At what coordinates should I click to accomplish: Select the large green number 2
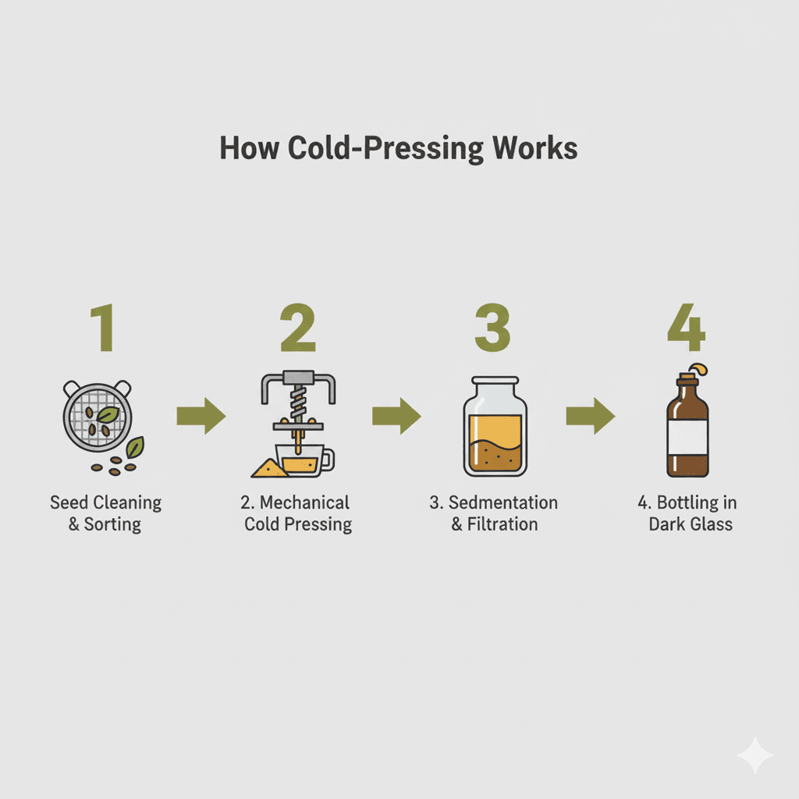coord(298,327)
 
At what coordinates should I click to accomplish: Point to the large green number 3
coord(493,327)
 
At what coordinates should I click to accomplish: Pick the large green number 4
coord(687,327)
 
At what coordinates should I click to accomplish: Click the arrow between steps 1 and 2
coord(201,416)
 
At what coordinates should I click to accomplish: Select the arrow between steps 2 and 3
coord(396,416)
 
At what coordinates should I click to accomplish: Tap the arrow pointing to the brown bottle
coord(591,416)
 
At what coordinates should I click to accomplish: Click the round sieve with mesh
coord(98,416)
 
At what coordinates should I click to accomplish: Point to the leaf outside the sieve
coord(135,447)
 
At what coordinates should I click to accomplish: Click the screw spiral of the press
coord(298,401)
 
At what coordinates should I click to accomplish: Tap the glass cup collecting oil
coord(304,460)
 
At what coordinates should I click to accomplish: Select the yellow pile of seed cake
coord(268,468)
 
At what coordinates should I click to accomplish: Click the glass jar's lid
coord(495,380)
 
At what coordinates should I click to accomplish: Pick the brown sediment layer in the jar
coord(495,456)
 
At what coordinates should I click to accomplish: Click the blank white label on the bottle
coord(687,437)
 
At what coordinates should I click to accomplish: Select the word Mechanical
coord(305,502)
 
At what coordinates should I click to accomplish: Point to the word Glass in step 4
coord(710,524)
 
